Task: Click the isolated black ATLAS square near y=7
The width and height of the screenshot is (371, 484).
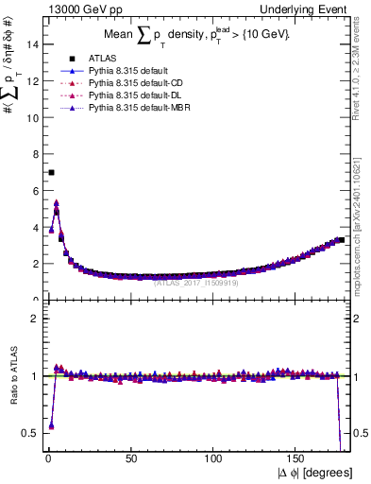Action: pyautogui.click(x=51, y=172)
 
